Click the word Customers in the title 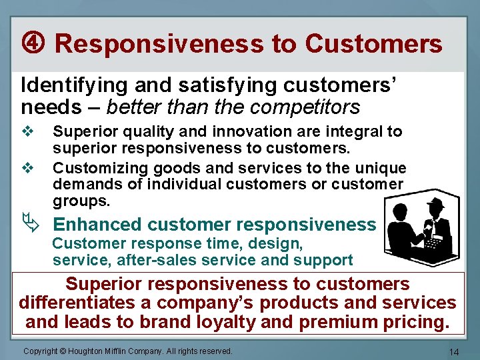373,44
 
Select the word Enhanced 97,225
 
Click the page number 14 455,351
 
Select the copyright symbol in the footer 65,351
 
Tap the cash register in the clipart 437,247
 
